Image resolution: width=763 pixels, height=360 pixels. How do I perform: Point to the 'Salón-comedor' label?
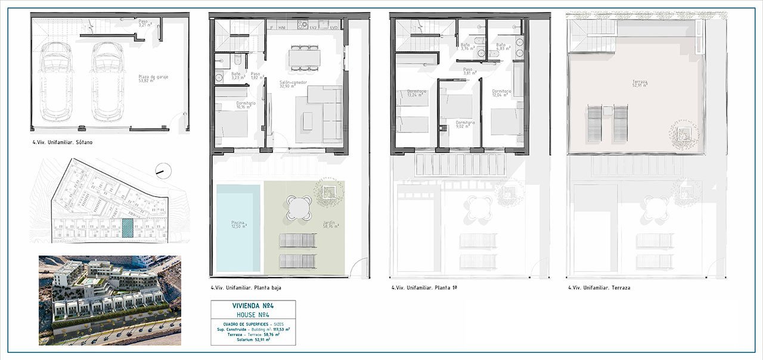pyautogui.click(x=293, y=84)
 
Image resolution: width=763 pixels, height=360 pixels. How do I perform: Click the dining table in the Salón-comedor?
pyautogui.click(x=304, y=57)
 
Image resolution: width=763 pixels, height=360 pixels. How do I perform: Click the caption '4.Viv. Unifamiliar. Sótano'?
pyautogui.click(x=63, y=143)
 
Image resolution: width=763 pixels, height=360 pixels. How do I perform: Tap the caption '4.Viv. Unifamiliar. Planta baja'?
pyautogui.click(x=246, y=288)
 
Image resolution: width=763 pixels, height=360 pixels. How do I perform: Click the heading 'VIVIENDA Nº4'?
pyautogui.click(x=253, y=306)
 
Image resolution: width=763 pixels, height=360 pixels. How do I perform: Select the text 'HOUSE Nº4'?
pyautogui.click(x=253, y=314)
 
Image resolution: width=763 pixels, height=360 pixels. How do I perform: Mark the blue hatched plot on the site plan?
pyautogui.click(x=127, y=228)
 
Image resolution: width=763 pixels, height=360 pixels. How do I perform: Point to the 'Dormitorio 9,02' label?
pyautogui.click(x=466, y=124)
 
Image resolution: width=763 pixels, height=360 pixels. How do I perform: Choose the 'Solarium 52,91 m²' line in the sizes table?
pyautogui.click(x=253, y=340)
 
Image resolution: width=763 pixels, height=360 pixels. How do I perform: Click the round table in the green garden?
pyautogui.click(x=298, y=208)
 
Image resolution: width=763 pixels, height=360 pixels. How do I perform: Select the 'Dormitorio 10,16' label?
pyautogui.click(x=246, y=105)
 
